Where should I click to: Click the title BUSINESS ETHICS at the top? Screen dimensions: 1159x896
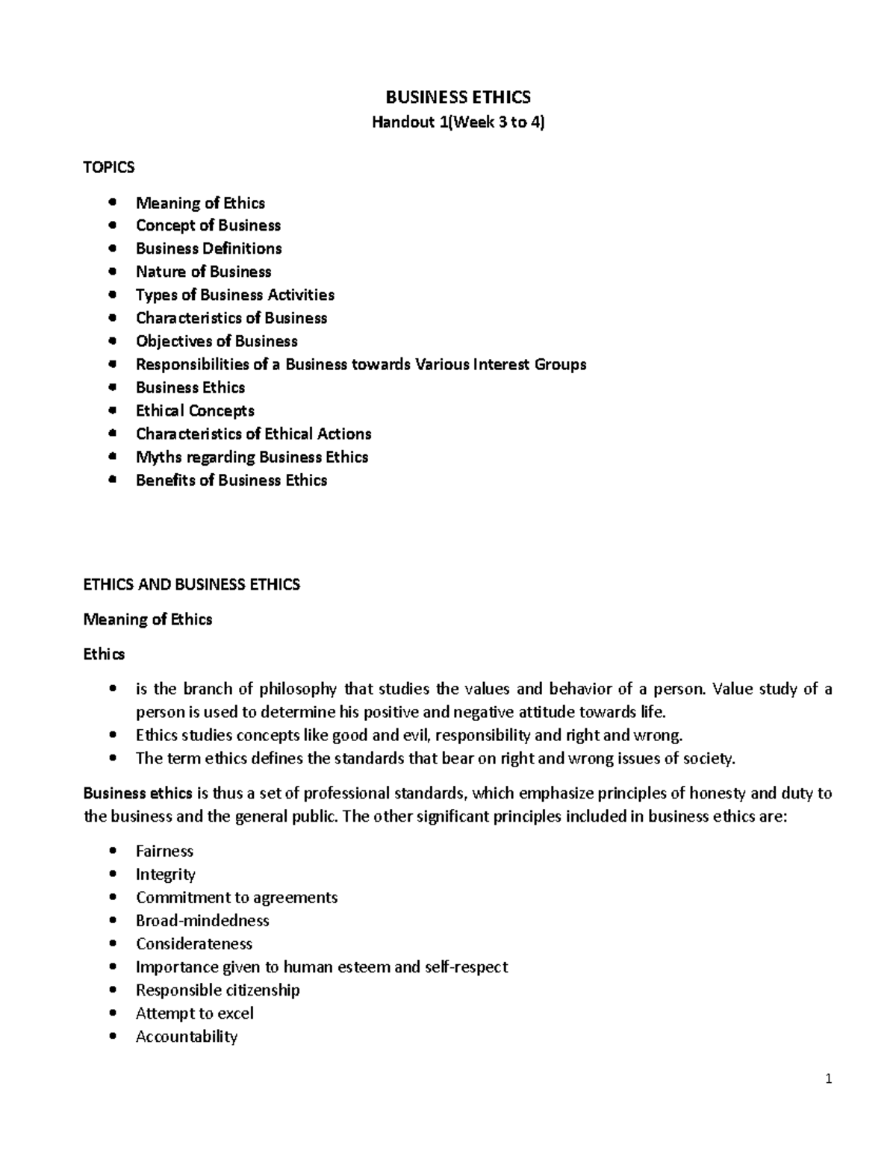pos(458,97)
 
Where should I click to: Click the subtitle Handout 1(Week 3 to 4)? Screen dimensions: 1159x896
pos(458,122)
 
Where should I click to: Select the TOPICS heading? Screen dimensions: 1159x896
pos(109,167)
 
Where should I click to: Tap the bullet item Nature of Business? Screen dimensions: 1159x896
pos(203,272)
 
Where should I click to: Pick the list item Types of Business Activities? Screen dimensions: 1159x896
pos(234,295)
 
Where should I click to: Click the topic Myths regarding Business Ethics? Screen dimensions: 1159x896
pos(252,457)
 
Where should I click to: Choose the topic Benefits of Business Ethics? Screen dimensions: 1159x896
pos(231,480)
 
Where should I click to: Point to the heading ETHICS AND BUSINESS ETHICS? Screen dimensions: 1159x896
pos(192,584)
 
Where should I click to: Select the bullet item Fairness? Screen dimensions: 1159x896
pos(164,851)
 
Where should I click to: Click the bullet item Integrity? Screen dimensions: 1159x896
pos(165,875)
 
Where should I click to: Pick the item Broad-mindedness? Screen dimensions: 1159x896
pos(202,920)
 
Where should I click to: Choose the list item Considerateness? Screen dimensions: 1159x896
pos(194,943)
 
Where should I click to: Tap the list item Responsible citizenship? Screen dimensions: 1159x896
pos(217,990)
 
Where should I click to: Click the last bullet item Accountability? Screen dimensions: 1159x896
pos(187,1036)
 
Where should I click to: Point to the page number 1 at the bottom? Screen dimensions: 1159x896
pos(829,1078)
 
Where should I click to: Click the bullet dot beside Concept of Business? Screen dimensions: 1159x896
pos(113,225)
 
